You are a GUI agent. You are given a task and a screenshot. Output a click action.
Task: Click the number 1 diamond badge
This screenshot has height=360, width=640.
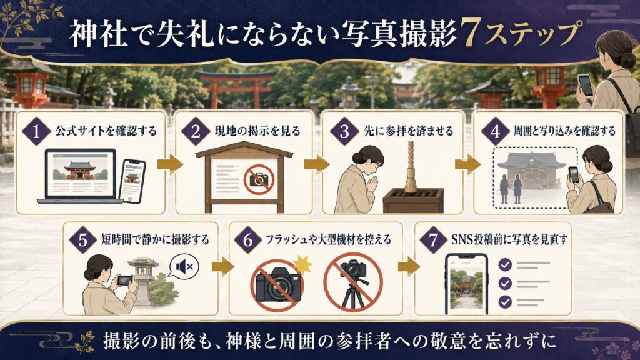pyautogui.click(x=37, y=131)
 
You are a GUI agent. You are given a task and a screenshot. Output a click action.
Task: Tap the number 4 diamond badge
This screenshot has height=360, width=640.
pyautogui.click(x=496, y=131)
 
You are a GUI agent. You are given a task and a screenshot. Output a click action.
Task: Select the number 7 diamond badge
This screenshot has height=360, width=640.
pyautogui.click(x=433, y=239)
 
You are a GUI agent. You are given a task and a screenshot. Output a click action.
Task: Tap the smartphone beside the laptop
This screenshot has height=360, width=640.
pyautogui.click(x=132, y=181)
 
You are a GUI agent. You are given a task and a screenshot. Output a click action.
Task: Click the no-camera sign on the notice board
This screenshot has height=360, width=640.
pyautogui.click(x=259, y=179)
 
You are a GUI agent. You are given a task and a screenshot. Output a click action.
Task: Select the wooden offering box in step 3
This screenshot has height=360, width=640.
pyautogui.click(x=412, y=200)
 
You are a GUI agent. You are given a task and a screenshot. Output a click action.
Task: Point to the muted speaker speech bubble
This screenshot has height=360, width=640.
pyautogui.click(x=184, y=267)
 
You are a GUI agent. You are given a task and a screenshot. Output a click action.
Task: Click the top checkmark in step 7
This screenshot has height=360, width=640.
pyautogui.click(x=505, y=265)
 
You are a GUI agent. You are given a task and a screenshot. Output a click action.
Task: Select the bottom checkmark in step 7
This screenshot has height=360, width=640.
pyautogui.click(x=505, y=302)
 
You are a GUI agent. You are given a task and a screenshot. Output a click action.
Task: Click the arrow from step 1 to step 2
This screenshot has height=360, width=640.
pyautogui.click(x=170, y=164)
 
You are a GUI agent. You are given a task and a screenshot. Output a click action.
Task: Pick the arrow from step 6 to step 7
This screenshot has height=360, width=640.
pyautogui.click(x=409, y=267)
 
